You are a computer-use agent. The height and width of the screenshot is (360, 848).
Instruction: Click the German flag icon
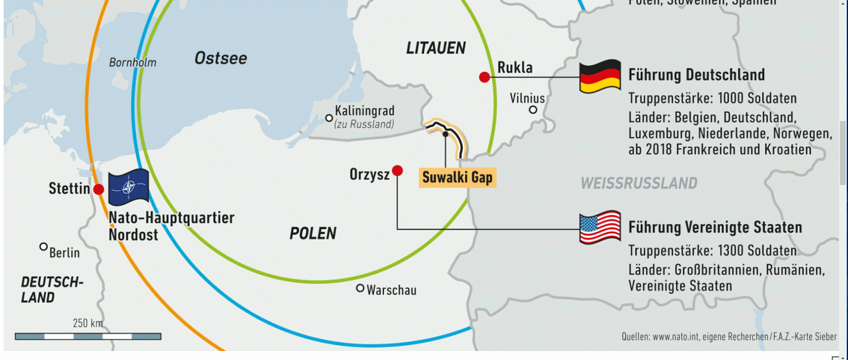pyautogui.click(x=599, y=77)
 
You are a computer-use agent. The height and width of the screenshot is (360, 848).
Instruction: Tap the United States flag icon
pyautogui.click(x=599, y=227)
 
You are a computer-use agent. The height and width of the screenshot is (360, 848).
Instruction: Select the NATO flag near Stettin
pyautogui.click(x=128, y=187)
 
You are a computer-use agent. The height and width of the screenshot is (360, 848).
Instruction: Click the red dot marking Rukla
pyautogui.click(x=484, y=77)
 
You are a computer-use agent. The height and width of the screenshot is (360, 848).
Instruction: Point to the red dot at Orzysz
pyautogui.click(x=397, y=170)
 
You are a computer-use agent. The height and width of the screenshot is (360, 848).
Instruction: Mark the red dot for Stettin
pyautogui.click(x=99, y=189)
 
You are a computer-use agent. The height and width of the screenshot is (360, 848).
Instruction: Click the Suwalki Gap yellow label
pyautogui.click(x=457, y=178)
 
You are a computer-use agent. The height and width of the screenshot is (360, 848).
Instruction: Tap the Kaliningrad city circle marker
pyautogui.click(x=329, y=118)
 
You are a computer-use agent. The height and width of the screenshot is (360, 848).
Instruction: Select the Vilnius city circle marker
pyautogui.click(x=533, y=110)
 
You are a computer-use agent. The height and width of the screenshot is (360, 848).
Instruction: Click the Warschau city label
pyautogui.click(x=391, y=290)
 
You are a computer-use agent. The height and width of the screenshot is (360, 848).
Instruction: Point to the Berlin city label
pyautogui.click(x=64, y=253)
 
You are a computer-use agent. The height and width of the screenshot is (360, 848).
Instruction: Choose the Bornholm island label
pyautogui.click(x=132, y=63)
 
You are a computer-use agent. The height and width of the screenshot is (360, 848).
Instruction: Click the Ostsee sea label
pyautogui.click(x=220, y=58)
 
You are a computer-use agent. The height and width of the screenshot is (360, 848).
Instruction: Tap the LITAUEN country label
pyautogui.click(x=436, y=48)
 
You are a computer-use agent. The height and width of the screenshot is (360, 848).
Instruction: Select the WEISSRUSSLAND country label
pyautogui.click(x=639, y=183)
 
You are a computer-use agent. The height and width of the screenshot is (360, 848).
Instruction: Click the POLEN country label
pyautogui.click(x=313, y=233)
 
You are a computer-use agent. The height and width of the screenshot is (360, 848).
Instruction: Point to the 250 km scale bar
pyautogui.click(x=88, y=336)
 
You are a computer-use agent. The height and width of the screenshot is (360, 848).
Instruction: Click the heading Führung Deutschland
pyautogui.click(x=696, y=75)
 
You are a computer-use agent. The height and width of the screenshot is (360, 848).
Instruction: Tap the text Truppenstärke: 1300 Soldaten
pyautogui.click(x=712, y=250)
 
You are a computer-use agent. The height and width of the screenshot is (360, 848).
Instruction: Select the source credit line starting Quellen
pyautogui.click(x=729, y=337)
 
